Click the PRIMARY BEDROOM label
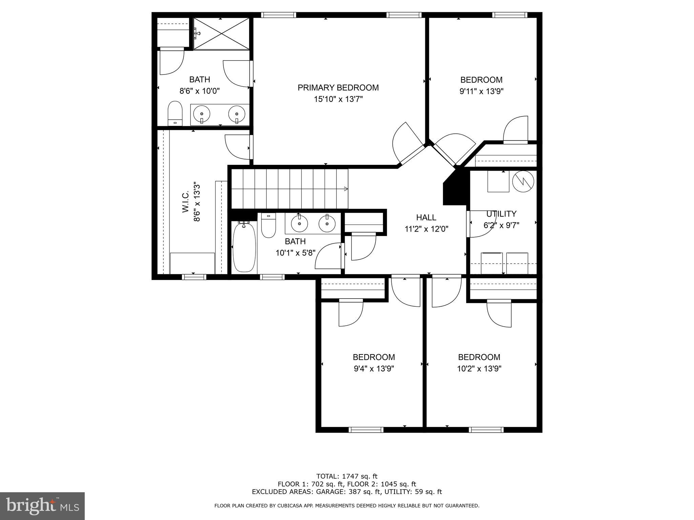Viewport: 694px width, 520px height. point(338,88)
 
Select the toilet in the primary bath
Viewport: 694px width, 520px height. point(175,113)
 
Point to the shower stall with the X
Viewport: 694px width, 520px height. point(221,34)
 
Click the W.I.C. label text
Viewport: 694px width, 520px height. point(185,203)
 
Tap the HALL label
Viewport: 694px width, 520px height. point(426,217)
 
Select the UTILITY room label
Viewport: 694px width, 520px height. point(501,214)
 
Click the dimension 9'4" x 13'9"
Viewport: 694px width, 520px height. point(373,369)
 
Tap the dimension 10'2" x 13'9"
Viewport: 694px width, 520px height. point(479,369)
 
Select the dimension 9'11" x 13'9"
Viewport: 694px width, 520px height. point(481,91)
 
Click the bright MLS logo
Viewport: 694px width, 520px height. point(42,506)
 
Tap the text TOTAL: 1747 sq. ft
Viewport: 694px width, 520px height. point(347,476)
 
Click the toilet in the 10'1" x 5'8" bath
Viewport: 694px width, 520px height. point(269,226)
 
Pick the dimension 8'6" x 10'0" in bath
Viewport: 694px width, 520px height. point(200,91)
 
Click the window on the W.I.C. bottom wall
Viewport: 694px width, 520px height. point(194,277)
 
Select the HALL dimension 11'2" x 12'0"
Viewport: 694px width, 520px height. point(426,229)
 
